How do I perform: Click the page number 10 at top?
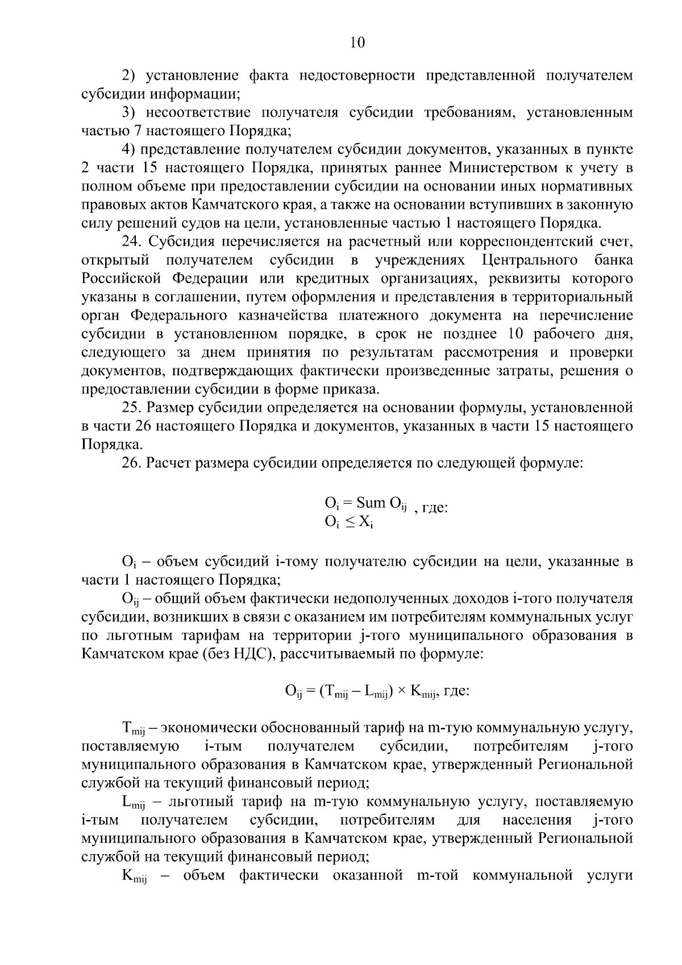point(357,43)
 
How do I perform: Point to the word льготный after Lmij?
point(189,802)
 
